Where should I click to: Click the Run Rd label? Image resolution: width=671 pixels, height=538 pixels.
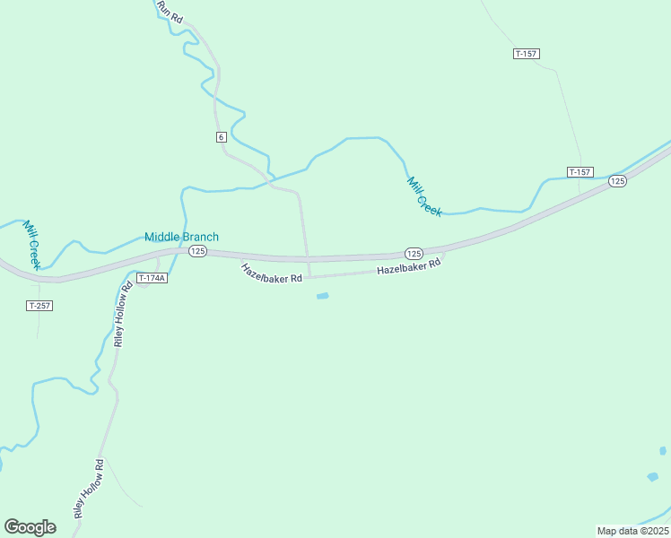[x=170, y=11]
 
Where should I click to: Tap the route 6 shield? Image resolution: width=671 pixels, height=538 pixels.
[x=221, y=136]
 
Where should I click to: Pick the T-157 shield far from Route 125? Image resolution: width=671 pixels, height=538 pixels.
[x=527, y=54]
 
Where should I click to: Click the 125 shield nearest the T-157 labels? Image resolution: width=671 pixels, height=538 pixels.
[x=617, y=181]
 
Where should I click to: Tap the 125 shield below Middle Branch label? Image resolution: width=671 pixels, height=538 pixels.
[x=198, y=251]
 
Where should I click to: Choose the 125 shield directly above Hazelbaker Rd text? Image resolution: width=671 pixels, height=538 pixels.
[x=414, y=254]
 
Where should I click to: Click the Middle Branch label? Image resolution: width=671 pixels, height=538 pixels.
[x=182, y=237]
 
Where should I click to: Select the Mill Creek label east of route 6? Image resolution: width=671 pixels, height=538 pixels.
[x=424, y=195]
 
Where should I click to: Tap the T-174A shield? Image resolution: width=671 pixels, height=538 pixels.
[x=152, y=278]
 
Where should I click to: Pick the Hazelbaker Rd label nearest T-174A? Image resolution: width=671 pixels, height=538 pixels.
[x=271, y=273]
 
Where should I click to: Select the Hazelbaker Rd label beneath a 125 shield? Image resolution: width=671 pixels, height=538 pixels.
[x=409, y=267]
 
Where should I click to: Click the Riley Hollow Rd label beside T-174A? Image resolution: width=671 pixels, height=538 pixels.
[x=123, y=312]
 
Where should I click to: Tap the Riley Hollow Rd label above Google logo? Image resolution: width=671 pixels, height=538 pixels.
[x=90, y=489]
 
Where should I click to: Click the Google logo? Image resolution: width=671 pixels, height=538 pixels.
[x=30, y=526]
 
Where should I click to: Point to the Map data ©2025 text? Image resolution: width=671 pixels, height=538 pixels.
[x=632, y=531]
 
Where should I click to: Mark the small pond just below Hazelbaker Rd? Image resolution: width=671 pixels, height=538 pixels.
[x=322, y=296]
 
